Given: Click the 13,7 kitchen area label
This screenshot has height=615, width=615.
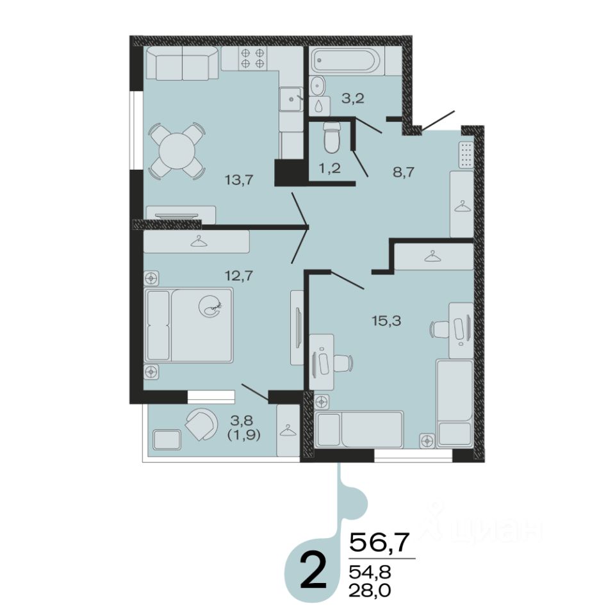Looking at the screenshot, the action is click(x=239, y=180).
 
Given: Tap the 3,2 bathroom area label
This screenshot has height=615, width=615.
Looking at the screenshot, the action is click(x=353, y=98).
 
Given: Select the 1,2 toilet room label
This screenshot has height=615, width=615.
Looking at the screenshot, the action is click(x=329, y=168).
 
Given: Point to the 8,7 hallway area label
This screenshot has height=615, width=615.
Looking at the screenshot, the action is click(x=404, y=172).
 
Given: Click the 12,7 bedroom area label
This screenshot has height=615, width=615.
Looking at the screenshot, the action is click(x=239, y=275).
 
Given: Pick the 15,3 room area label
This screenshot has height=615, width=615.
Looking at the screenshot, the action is click(x=386, y=321).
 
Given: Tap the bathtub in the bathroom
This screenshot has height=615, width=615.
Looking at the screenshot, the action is click(x=346, y=61).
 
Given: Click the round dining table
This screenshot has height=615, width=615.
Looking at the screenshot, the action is click(x=177, y=151).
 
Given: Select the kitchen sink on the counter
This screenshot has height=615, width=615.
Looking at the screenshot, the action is click(x=291, y=99).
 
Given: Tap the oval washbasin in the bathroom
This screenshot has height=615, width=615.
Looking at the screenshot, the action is click(x=317, y=85).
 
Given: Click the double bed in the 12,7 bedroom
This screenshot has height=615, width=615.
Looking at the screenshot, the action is click(x=188, y=325).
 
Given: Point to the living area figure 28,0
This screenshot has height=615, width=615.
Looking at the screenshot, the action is click(x=370, y=589).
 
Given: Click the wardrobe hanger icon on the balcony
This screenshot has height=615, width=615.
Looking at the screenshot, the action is click(x=288, y=430).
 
